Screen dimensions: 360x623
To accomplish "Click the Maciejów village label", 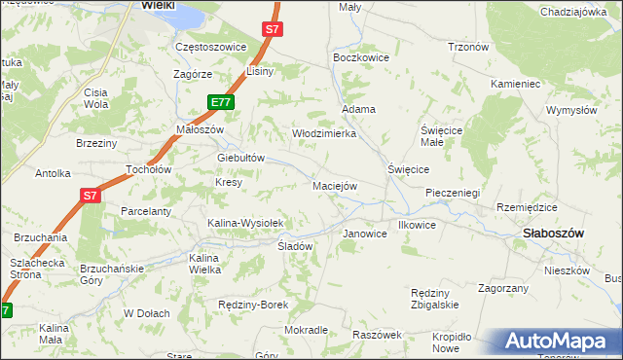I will pyautogui.click(x=335, y=185).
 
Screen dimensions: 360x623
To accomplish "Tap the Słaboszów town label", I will pyautogui.click(x=553, y=234).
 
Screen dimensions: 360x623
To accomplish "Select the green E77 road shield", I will pyautogui.click(x=220, y=101).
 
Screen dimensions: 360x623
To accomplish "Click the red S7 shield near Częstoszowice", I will pyautogui.click(x=273, y=29).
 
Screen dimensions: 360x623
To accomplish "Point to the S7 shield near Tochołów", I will pyautogui.click(x=90, y=196).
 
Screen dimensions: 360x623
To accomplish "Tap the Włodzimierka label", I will pyautogui.click(x=325, y=133).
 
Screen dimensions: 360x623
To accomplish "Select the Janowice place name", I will pyautogui.click(x=366, y=234).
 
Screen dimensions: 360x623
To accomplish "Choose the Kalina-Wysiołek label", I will pyautogui.click(x=244, y=223).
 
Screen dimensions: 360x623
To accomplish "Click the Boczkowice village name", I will pyautogui.click(x=361, y=57).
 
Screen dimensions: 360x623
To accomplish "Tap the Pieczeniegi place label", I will pyautogui.click(x=453, y=193).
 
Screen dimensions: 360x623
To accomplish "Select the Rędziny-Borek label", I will pyautogui.click(x=253, y=305).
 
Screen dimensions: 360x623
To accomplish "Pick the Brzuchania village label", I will pyautogui.click(x=40, y=237).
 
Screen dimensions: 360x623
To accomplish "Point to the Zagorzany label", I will pyautogui.click(x=502, y=288).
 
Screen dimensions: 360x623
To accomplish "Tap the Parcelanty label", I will pyautogui.click(x=146, y=211).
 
